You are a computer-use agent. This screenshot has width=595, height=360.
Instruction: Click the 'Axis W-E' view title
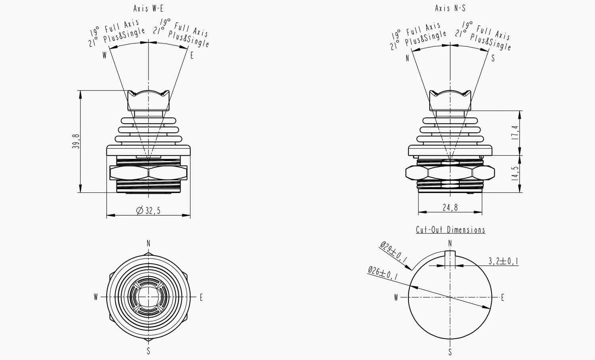148,8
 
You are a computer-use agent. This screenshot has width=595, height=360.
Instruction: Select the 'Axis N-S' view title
450,8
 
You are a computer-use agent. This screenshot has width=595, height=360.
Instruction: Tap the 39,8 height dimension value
76,141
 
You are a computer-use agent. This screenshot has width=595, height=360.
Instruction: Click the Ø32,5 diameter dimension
148,211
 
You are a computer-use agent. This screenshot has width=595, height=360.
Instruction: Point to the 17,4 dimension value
515,133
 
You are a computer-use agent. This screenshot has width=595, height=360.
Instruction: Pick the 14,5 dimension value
515,174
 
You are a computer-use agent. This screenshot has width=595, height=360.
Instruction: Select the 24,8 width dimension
450,207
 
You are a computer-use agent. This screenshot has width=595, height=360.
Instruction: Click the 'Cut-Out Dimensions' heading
451,230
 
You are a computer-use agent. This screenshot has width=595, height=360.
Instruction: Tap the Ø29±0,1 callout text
393,252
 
